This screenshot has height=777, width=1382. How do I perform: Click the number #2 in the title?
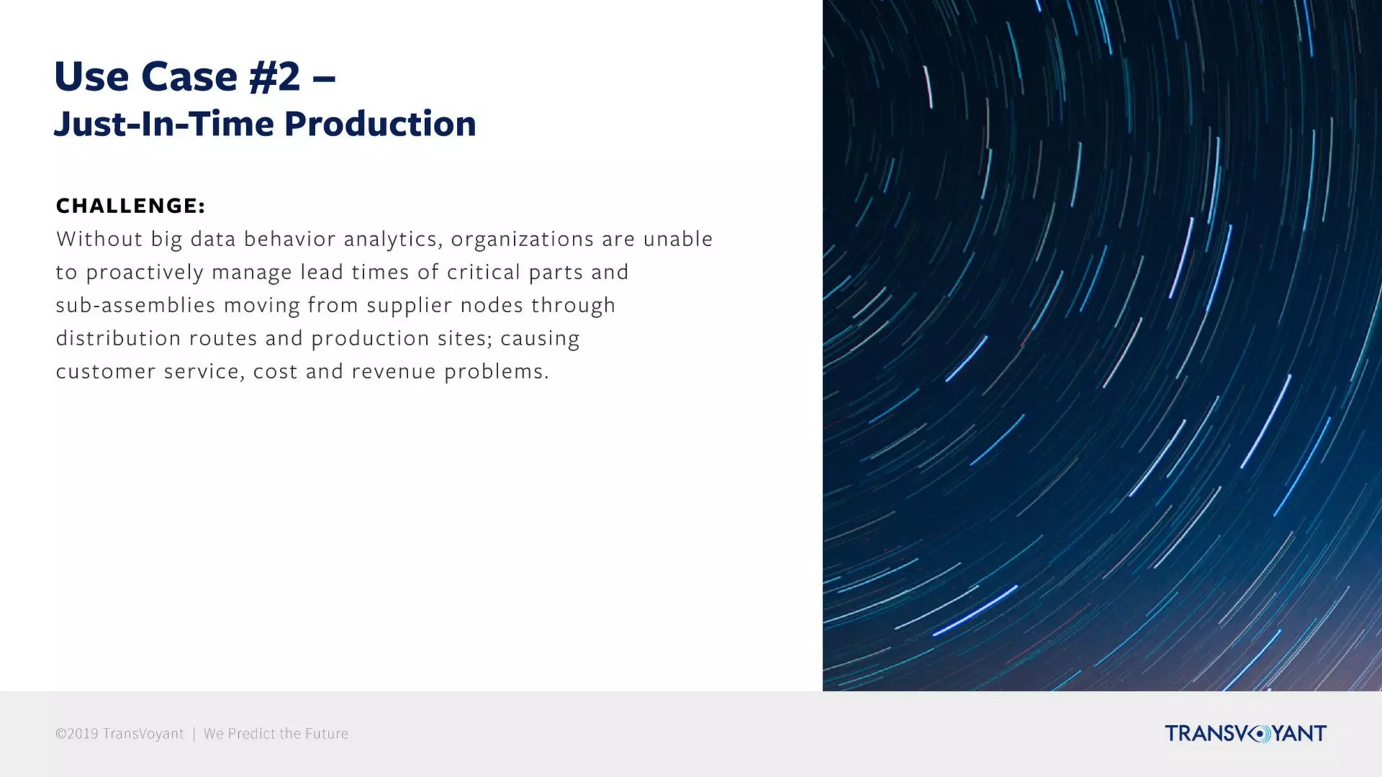pos(274,76)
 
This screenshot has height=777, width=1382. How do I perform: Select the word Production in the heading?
pos(380,124)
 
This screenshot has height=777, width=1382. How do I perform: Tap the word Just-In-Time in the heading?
pos(164,124)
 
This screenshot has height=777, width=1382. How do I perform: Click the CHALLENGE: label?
pos(130,206)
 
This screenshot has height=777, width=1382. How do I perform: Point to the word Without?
pos(99,239)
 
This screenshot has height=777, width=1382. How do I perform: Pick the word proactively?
pos(144,272)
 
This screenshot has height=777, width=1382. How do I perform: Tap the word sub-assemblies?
pos(135,306)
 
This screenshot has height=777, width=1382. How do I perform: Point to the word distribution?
pos(118,338)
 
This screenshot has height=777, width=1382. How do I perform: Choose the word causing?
pos(540,339)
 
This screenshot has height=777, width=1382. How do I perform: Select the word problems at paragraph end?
pos(496,372)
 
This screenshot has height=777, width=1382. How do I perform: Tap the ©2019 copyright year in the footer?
pos(77,734)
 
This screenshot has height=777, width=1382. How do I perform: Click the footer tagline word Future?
pos(327,734)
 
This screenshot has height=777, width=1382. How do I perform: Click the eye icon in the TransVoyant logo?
pos(1259,734)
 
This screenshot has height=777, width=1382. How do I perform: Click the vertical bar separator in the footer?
pos(194,734)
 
